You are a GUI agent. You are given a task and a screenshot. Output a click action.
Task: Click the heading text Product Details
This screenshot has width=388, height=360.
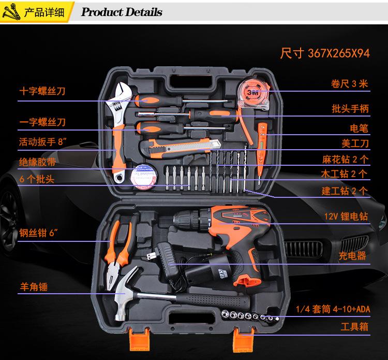point(122,12)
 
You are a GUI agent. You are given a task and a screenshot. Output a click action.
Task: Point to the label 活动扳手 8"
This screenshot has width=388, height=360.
point(42,141)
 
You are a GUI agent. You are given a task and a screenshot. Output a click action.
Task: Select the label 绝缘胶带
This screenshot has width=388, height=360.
point(37,162)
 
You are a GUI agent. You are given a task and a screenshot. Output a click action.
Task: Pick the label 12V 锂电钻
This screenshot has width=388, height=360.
point(346,217)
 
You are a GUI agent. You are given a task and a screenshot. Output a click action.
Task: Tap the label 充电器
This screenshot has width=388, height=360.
point(352,256)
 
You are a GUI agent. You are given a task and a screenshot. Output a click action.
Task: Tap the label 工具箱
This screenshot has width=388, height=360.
point(354,327)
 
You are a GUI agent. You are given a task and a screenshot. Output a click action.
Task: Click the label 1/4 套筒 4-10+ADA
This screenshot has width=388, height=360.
point(333,310)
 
